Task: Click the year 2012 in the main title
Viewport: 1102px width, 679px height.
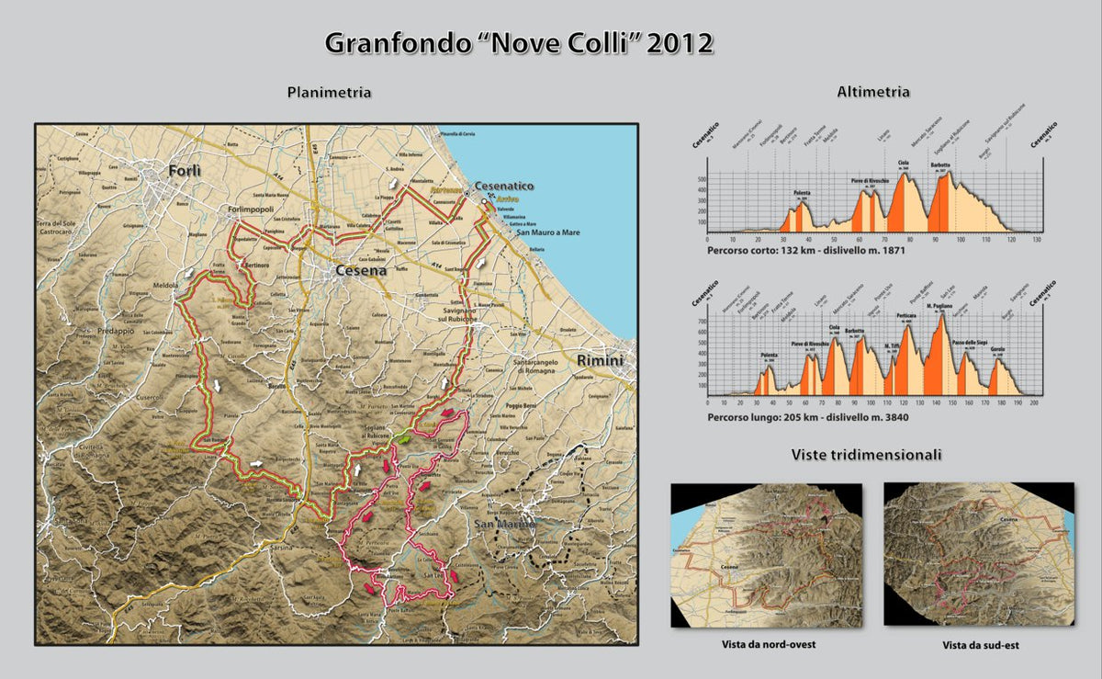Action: [x=680, y=43]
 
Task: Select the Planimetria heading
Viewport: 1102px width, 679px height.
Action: [x=329, y=92]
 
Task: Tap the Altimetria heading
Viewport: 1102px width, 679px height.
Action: [x=873, y=92]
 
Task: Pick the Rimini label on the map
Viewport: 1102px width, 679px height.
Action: [x=599, y=359]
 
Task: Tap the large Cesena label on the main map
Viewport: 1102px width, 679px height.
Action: [x=360, y=271]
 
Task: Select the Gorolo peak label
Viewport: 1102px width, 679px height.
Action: [x=996, y=350]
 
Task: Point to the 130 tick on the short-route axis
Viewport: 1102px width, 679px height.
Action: [x=1037, y=240]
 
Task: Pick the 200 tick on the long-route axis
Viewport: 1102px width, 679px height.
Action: [x=1035, y=402]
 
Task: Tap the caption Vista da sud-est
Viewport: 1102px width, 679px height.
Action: [x=980, y=645]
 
